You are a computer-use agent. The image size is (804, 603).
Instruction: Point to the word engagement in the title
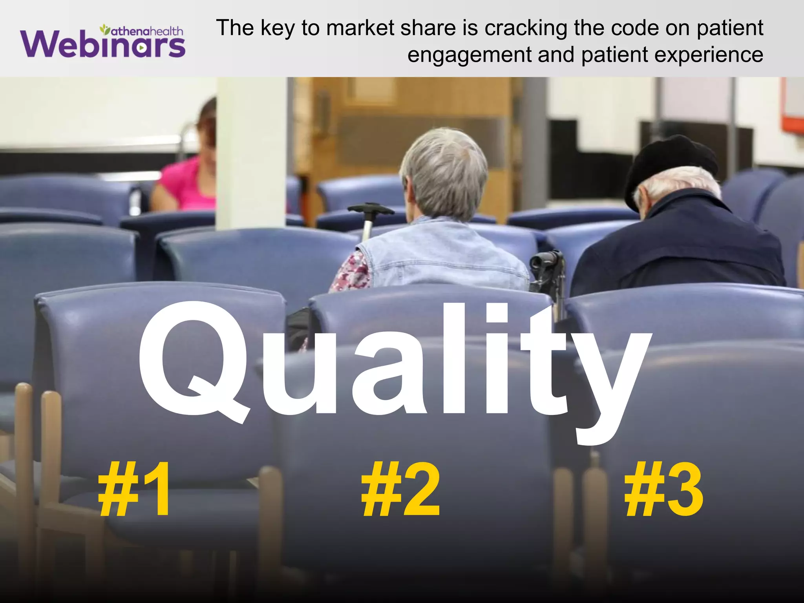469,55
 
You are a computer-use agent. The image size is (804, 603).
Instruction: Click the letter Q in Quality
192,361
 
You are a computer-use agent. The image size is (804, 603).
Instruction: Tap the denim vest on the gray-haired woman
444,255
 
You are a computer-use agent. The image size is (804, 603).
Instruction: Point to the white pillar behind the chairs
251,153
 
